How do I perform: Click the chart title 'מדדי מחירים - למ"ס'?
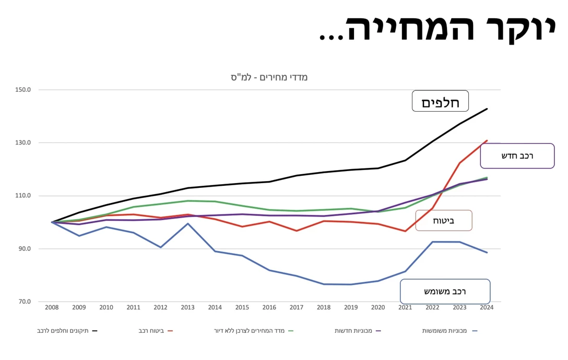[x=269, y=77]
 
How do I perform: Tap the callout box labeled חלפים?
[x=440, y=101]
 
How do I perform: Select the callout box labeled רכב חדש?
[x=517, y=155]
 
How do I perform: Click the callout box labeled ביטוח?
[x=443, y=220]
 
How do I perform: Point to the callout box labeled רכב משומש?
[x=445, y=291]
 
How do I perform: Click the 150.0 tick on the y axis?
[x=23, y=90]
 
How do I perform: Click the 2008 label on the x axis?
[x=52, y=308]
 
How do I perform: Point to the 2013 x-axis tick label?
[x=187, y=308]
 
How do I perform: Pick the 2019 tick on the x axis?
[x=351, y=308]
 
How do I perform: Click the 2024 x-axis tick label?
[x=487, y=308]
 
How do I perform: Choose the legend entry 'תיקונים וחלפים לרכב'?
[x=65, y=331]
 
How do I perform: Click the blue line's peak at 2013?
[x=187, y=223]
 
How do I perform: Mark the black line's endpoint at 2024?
[x=487, y=109]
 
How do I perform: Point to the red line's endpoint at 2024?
[x=487, y=140]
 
